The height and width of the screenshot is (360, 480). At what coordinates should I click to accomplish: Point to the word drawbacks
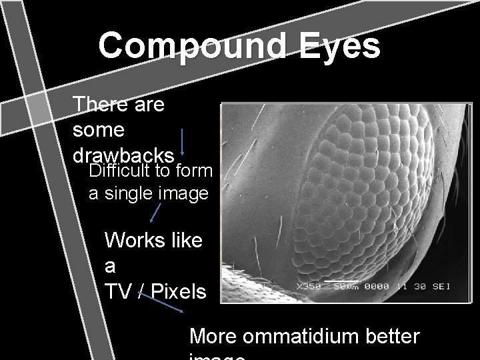click(124, 154)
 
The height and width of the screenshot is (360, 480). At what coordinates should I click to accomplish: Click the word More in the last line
click(214, 337)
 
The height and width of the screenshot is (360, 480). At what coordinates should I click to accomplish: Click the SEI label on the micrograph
click(440, 287)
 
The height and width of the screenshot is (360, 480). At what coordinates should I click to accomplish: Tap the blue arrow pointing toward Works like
click(155, 213)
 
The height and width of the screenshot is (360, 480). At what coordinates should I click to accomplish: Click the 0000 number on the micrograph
click(380, 287)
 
